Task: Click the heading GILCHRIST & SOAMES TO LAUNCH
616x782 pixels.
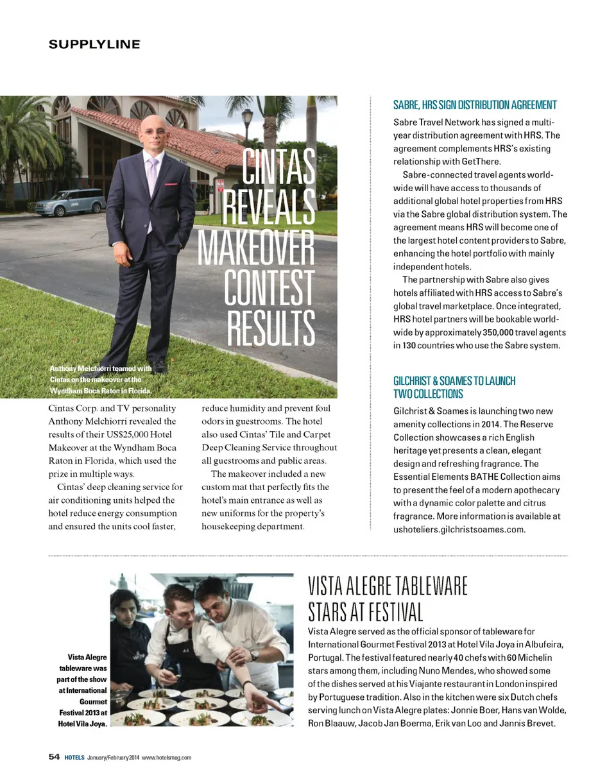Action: [x=454, y=381]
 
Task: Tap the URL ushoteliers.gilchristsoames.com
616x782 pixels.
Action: [x=459, y=530]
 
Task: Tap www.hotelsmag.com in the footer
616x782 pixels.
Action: [x=166, y=758]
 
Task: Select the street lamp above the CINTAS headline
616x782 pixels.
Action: [x=247, y=117]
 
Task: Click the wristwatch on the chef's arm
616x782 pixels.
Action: [x=255, y=654]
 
